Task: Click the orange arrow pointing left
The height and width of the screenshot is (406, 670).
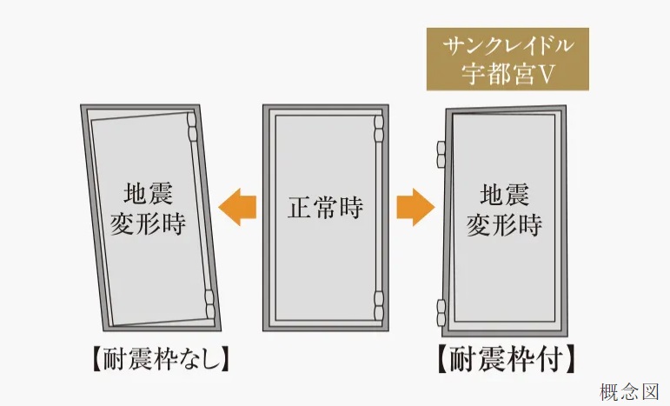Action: (237, 208)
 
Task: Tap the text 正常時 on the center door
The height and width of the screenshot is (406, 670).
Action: (325, 209)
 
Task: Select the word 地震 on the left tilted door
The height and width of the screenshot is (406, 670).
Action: (144, 190)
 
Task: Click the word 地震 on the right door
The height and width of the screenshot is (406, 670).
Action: (504, 192)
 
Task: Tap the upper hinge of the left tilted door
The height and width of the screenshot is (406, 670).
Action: (192, 129)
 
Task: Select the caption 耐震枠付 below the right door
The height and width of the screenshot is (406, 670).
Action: (505, 358)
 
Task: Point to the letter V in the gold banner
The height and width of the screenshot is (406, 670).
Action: (547, 75)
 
